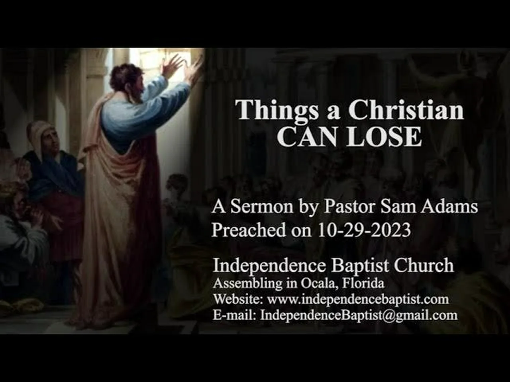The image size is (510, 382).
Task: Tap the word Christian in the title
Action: [x=406, y=109]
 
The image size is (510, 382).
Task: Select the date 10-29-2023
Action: [x=364, y=230]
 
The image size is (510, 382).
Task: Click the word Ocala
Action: [x=320, y=284]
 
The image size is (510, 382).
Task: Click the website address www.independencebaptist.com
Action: [x=358, y=300]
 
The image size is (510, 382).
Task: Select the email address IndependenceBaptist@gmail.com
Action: [x=359, y=316]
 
